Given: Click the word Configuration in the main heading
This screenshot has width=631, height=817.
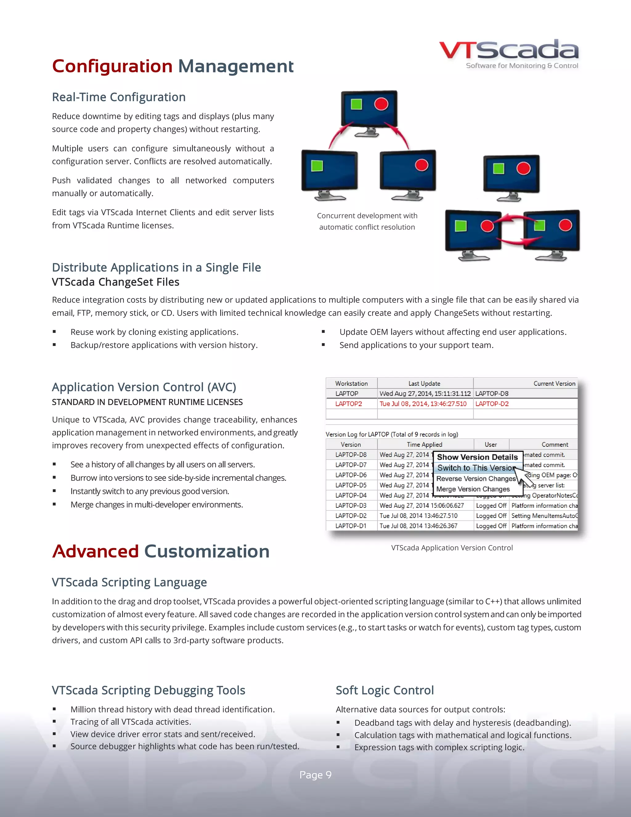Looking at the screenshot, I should (112, 66).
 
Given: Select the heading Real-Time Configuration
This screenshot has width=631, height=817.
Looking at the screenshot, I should (119, 97).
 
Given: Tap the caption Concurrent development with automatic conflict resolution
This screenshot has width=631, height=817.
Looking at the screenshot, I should (367, 221).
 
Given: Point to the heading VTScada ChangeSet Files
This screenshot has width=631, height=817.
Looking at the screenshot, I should (116, 282).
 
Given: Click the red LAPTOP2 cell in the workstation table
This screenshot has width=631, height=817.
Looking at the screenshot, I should (348, 404).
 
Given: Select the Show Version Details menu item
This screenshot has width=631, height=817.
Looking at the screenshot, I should (477, 457).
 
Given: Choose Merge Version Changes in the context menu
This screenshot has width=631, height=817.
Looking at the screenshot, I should (473, 489).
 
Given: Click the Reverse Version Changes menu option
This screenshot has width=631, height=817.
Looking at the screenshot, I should (475, 478).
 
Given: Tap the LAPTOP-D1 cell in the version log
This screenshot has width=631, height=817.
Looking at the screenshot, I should (351, 526).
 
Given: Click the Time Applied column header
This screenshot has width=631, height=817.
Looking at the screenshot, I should (424, 444).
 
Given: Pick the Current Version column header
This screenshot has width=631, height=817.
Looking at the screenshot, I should (554, 384).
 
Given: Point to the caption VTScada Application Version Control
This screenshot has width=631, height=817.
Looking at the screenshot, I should (452, 548).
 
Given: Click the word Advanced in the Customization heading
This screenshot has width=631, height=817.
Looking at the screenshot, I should (96, 552).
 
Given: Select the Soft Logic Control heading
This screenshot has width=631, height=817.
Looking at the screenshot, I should (384, 690).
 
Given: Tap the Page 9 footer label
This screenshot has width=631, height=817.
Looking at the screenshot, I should (315, 775).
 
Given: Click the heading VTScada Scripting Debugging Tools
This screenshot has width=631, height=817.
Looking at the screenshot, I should (149, 690).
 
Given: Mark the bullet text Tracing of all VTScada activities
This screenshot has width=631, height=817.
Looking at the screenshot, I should (130, 722).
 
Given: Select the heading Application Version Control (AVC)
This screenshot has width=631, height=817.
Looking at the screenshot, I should (144, 387).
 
